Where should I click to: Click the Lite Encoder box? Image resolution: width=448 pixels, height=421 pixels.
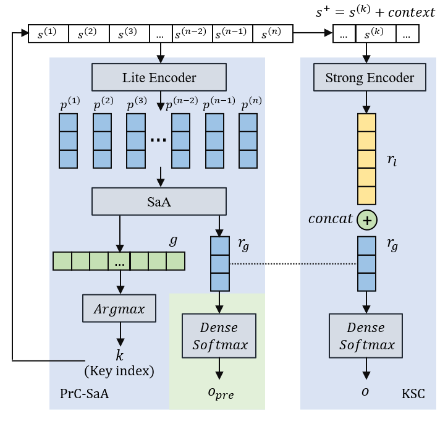[x=159, y=78]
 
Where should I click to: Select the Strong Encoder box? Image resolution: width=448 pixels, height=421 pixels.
[x=370, y=78]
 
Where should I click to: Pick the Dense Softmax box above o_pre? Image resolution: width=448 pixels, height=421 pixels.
[x=219, y=335]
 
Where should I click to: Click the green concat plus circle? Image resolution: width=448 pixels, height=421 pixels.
[x=367, y=219]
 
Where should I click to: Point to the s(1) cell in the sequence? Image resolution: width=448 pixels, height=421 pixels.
[x=48, y=34]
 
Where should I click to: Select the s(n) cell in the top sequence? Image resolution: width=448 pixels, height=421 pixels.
[x=273, y=34]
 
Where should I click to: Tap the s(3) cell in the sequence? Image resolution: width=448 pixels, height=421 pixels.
[x=129, y=34]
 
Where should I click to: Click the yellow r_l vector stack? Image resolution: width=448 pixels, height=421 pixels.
[x=366, y=159]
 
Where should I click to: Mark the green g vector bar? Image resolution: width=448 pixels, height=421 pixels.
[x=119, y=262]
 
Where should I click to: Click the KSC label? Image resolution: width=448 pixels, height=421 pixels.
[x=413, y=394]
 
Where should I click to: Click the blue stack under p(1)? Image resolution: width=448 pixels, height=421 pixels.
[x=68, y=141]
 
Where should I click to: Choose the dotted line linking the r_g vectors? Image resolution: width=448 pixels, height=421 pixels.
[x=293, y=264]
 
